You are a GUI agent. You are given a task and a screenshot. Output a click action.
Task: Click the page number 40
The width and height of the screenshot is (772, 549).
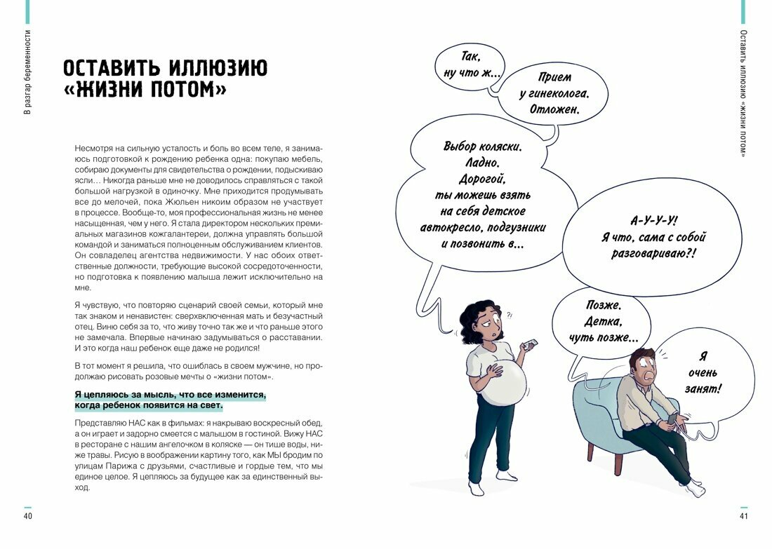coord(28,517)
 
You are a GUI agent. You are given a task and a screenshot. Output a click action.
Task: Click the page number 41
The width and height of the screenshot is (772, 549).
coord(744,517)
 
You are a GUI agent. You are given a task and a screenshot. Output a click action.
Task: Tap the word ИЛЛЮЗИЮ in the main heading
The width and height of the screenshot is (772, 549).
coord(218,69)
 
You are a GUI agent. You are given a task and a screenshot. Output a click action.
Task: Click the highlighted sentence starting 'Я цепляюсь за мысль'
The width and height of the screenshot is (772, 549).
coord(170,400)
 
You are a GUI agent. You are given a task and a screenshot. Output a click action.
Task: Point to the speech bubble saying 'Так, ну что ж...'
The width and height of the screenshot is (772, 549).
coord(471,65)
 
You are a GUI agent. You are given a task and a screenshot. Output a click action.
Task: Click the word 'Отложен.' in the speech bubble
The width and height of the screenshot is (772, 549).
coord(554,110)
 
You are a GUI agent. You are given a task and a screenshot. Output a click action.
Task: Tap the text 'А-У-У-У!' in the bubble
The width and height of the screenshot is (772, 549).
coord(653,219)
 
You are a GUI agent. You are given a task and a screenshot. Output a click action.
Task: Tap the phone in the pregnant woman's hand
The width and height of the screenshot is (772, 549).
coord(531,344)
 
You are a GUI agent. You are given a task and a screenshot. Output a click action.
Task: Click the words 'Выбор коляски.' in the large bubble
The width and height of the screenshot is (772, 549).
coord(483,147)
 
